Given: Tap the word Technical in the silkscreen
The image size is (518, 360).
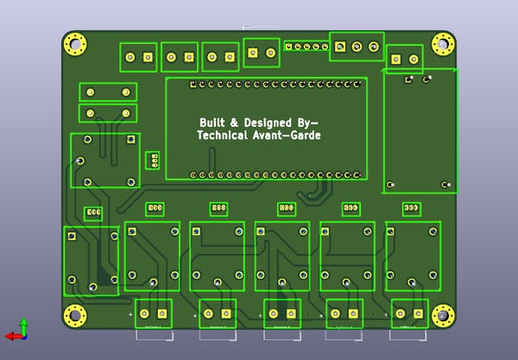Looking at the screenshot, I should click(x=222, y=136).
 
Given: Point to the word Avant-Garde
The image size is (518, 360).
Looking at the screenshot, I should click(x=287, y=136).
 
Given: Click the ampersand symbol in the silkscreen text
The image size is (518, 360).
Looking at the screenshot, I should click(x=234, y=123).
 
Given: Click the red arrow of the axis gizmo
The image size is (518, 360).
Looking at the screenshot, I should click(x=12, y=335).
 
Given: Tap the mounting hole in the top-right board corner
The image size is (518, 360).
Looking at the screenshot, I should click(x=443, y=43).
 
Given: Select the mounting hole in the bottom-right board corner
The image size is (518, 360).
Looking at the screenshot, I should click(x=443, y=316).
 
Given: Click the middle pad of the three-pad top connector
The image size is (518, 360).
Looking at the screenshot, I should click(x=357, y=46).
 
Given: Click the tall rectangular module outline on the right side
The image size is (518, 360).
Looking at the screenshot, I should click(x=420, y=130).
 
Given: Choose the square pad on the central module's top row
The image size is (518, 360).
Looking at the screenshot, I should click(x=193, y=85).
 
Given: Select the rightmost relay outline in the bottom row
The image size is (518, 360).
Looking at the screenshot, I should click(x=413, y=256).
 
